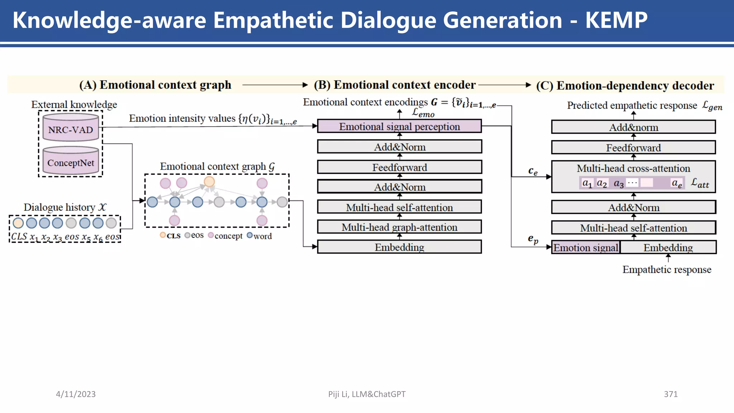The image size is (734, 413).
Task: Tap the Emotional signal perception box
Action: point(399,127)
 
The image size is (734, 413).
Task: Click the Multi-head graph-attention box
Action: point(399,227)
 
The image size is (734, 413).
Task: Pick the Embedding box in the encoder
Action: point(399,247)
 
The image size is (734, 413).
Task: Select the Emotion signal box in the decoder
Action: point(586,247)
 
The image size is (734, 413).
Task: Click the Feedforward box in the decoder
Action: point(633,148)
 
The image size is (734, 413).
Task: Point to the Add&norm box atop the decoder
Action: point(633,127)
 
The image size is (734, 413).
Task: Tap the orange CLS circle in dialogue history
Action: point(18,223)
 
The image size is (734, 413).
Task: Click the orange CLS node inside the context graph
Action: point(209,181)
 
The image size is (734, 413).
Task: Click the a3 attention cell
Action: point(619,184)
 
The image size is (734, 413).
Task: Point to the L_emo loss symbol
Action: point(423,113)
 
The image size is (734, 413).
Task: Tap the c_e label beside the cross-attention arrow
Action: point(533,171)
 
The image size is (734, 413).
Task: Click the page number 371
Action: point(671,394)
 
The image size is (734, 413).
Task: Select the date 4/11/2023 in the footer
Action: point(76,394)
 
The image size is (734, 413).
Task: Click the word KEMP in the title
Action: point(616,20)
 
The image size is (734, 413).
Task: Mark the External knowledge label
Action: point(74,104)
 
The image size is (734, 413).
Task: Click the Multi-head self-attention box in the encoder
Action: point(399,207)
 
